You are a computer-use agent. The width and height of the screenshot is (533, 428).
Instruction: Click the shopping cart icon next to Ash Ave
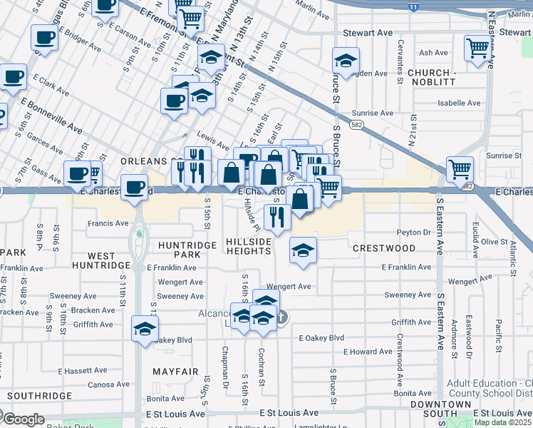[x=477, y=48]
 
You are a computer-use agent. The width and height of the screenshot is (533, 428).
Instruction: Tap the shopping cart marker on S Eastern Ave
[x=460, y=169]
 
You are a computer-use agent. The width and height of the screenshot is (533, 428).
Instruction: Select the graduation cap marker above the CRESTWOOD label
[x=303, y=250]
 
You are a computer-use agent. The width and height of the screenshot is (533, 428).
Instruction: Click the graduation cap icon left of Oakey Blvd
[x=145, y=329]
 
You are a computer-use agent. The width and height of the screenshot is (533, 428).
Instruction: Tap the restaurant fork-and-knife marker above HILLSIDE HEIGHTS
[x=277, y=216]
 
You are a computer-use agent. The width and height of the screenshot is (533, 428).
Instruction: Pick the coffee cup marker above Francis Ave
[x=133, y=188]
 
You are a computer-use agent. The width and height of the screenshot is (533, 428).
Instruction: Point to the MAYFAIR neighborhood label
[x=175, y=372]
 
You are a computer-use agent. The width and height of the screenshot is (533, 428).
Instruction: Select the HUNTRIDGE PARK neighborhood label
[x=186, y=250]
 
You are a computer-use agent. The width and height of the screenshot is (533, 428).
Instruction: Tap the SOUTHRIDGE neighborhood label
[x=40, y=395]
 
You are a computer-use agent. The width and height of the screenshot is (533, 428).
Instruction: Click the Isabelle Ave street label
[x=460, y=103]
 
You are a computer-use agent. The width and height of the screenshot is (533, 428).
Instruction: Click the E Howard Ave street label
[x=368, y=352]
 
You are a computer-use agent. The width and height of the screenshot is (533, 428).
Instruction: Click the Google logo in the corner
[x=23, y=419]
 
